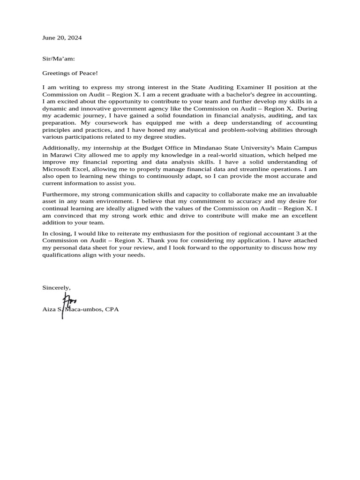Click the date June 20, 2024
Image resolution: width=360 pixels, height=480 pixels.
coord(62,38)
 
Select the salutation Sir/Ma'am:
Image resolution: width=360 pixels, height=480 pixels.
coord(59,59)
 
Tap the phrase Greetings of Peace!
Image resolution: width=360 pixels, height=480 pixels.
coord(70,73)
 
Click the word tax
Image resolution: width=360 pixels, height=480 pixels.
coord(312,116)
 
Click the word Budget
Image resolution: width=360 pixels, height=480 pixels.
coord(153,148)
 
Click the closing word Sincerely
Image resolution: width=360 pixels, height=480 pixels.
coord(56,287)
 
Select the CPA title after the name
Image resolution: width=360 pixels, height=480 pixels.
coord(112,309)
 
